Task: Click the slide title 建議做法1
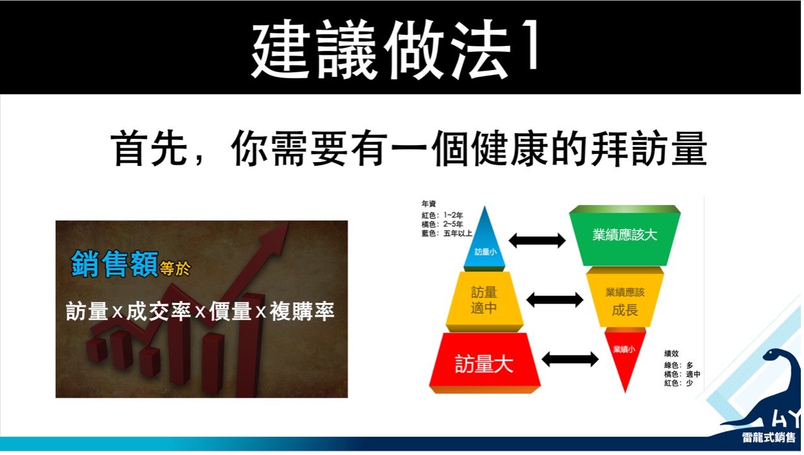(x=395, y=49)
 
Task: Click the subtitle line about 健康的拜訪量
(x=409, y=149)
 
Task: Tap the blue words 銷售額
(x=114, y=264)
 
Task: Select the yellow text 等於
(x=175, y=268)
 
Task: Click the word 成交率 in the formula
(x=158, y=310)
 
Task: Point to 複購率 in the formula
(x=302, y=310)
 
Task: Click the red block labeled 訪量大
(x=485, y=362)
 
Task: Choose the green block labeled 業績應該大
(x=625, y=235)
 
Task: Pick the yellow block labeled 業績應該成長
(x=625, y=298)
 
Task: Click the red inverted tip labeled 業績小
(x=625, y=355)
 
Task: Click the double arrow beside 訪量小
(x=537, y=240)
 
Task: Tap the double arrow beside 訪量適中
(x=555, y=300)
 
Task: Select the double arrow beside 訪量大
(x=570, y=359)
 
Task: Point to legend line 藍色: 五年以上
(x=447, y=233)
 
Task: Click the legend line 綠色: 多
(x=678, y=365)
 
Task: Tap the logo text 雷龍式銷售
(x=769, y=437)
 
